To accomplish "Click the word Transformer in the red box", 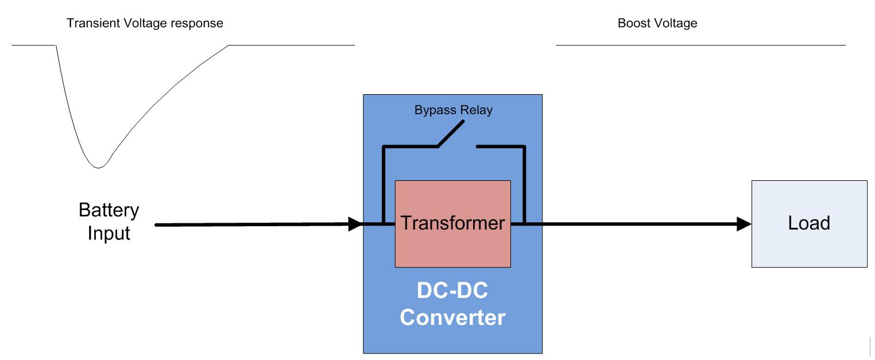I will click(x=452, y=223).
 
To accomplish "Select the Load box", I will click(x=809, y=223).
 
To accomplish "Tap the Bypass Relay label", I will click(x=453, y=111).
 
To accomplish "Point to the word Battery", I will click(x=109, y=211).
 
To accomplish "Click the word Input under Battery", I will click(x=109, y=234).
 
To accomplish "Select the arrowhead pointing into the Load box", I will click(x=744, y=224).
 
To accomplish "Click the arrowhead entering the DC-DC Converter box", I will click(x=355, y=224).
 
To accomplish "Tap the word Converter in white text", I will click(x=452, y=317).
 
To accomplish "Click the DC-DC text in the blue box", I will click(x=452, y=291).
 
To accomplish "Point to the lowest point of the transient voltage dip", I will click(x=99, y=168).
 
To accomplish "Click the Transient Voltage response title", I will click(x=145, y=24).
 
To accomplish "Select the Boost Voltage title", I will click(x=657, y=24).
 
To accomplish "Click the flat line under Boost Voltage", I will click(x=700, y=45).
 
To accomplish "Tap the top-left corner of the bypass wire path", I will click(x=384, y=148).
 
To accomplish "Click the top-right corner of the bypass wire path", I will click(x=523, y=148).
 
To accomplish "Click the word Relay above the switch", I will click(x=478, y=111).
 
